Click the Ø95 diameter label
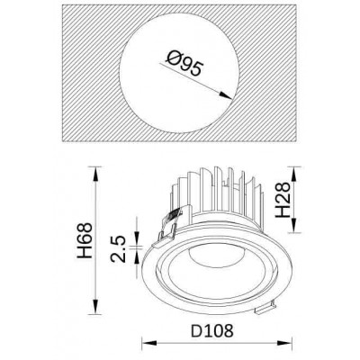click(184, 64)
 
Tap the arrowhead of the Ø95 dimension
click(225, 95)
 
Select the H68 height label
click(85, 240)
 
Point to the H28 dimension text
click(283, 200)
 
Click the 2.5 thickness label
click(118, 249)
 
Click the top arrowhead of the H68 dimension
click(95, 174)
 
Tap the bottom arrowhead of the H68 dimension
click(95, 307)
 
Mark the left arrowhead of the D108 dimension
click(149, 343)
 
